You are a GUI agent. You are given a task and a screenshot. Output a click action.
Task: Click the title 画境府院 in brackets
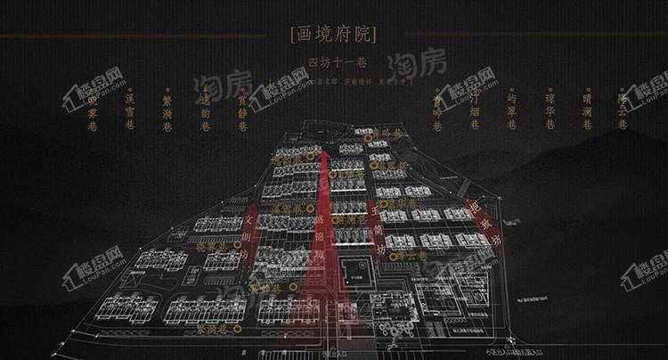point(333,35)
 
